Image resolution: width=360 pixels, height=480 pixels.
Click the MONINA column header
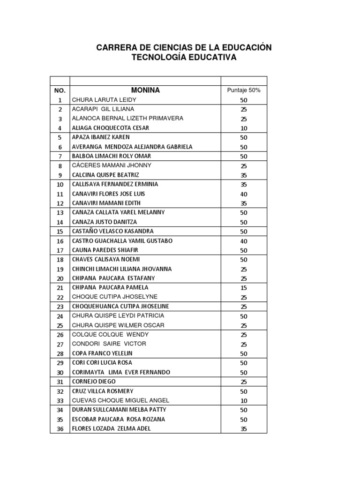coord(145,90)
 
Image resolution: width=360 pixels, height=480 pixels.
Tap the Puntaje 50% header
coord(244,90)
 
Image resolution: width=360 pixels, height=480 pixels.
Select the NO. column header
coord(60,90)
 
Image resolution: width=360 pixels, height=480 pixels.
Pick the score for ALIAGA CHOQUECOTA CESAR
coord(244,128)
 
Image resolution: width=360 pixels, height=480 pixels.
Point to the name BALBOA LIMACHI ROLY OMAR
coord(112,156)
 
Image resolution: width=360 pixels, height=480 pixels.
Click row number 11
coord(60,194)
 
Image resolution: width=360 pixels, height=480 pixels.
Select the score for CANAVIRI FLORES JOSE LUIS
coord(244,194)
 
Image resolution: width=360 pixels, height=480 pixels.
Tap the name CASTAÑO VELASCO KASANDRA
coord(113,231)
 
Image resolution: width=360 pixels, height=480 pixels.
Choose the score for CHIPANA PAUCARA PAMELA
coord(244,288)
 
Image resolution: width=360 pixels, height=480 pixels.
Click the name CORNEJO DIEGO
coord(94,382)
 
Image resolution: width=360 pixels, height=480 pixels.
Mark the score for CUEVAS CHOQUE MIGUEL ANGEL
coord(244,401)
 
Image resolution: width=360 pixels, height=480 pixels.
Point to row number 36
coord(60,429)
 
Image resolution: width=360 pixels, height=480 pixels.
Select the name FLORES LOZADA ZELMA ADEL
coord(112,428)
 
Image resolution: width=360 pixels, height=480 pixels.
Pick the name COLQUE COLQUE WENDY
coord(110,334)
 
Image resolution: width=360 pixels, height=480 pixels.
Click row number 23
coord(60,307)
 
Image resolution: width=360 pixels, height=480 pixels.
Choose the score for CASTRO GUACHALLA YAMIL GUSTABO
coord(244,241)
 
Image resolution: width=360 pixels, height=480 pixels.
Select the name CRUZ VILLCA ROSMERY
coord(103,391)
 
